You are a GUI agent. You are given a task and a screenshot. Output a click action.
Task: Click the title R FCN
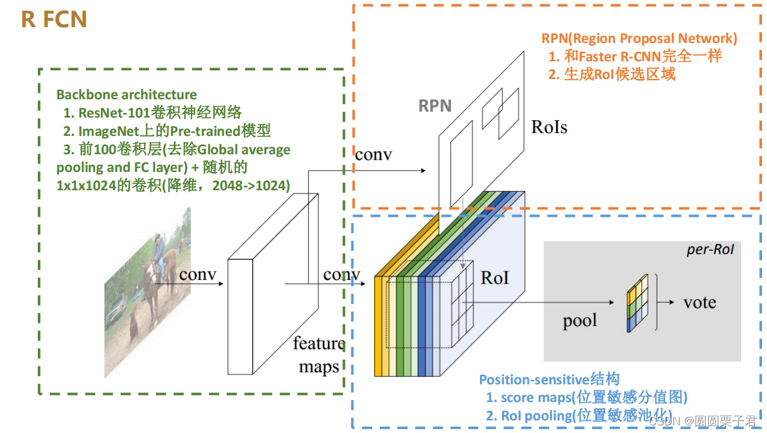click(x=54, y=19)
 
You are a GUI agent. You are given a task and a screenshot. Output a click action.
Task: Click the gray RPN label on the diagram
click(x=435, y=105)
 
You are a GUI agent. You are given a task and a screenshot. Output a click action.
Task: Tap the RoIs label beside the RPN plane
click(x=548, y=127)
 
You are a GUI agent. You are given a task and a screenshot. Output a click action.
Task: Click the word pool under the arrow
click(x=579, y=320)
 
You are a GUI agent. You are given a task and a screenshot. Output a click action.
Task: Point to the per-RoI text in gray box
click(x=710, y=250)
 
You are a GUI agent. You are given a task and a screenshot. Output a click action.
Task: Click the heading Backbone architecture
click(x=126, y=95)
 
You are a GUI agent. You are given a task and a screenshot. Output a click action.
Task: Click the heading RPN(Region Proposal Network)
click(x=639, y=39)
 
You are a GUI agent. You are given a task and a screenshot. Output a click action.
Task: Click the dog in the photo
click(x=134, y=326)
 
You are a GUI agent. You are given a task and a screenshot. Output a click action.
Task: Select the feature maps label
click(x=318, y=355)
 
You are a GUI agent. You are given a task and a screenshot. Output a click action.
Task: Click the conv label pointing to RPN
click(x=373, y=154)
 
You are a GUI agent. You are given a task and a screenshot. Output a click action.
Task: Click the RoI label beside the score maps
click(x=495, y=277)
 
